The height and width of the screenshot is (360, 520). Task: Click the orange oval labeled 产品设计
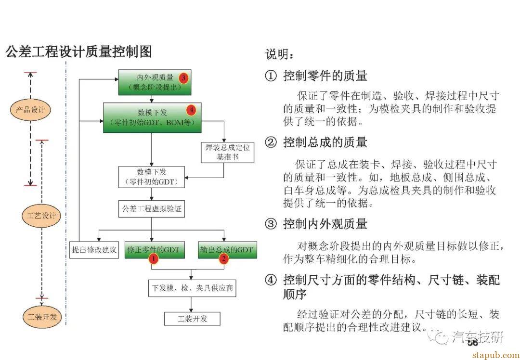[30, 110]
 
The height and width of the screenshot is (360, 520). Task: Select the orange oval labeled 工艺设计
[41, 215]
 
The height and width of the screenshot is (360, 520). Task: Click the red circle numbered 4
[192, 110]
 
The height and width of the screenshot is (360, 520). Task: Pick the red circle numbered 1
[153, 259]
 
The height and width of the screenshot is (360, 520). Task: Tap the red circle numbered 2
[223, 259]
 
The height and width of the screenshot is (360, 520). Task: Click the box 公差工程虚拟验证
[152, 209]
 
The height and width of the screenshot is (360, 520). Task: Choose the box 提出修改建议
[94, 250]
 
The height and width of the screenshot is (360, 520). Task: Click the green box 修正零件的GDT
[154, 249]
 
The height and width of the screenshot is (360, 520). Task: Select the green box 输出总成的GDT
[225, 249]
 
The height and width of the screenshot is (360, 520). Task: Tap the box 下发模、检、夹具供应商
[192, 288]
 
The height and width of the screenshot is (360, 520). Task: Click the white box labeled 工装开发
[192, 319]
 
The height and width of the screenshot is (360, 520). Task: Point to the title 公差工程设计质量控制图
[79, 52]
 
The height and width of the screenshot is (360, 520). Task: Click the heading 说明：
[279, 55]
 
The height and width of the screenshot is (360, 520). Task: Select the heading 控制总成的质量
[325, 142]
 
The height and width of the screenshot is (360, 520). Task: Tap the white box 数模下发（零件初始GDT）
[152, 177]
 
